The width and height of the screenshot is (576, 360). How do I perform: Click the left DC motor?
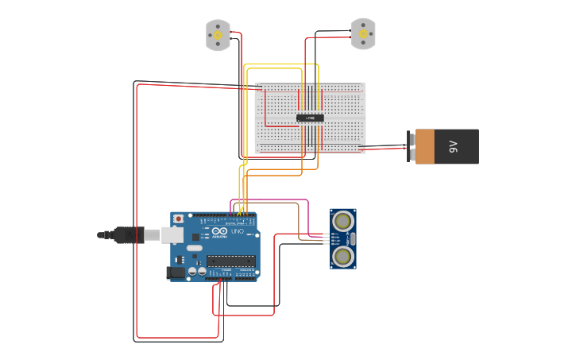[x=218, y=36]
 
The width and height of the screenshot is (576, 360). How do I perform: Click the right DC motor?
[x=363, y=34]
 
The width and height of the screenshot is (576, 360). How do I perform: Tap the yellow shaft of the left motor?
[x=218, y=34]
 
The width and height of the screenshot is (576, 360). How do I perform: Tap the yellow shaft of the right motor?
[x=363, y=33]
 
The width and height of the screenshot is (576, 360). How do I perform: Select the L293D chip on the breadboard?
[x=310, y=118]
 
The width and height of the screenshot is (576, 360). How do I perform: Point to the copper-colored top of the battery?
[x=425, y=147]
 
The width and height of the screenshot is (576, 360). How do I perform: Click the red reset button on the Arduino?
[x=179, y=219]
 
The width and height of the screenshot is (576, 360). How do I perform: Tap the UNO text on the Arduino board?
[x=237, y=231]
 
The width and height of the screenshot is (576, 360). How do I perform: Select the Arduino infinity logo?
[x=219, y=231]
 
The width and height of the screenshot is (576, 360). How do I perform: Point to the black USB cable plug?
[x=127, y=234]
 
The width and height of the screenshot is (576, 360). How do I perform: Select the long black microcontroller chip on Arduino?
[x=230, y=261]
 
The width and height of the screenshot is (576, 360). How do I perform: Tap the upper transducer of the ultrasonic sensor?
[x=343, y=221]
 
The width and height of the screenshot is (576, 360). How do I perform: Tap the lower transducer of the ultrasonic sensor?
[x=343, y=256]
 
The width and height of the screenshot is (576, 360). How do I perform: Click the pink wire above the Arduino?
[x=270, y=199]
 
